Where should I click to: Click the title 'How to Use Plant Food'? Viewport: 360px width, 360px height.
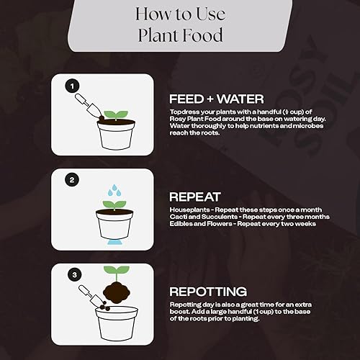pos(179,24)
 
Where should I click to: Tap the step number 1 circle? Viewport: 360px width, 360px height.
pos(71,86)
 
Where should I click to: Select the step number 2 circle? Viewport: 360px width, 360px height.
pos(71,180)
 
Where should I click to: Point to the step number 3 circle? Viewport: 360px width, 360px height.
pos(71,275)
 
